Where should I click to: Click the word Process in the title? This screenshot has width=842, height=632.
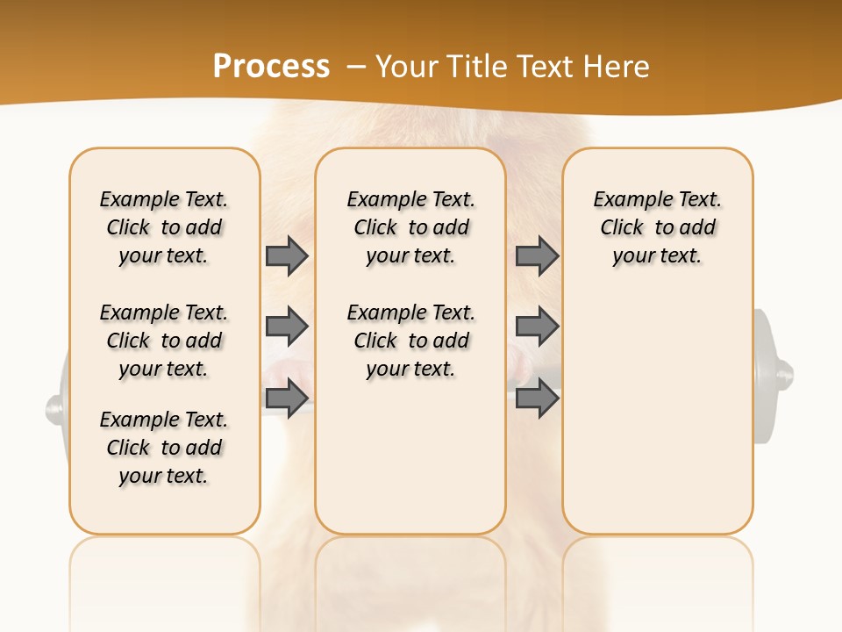tap(271, 67)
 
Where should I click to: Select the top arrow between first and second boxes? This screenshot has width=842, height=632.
tap(286, 255)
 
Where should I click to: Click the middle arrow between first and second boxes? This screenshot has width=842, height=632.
tap(286, 327)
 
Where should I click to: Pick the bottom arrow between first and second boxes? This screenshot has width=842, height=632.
tap(286, 398)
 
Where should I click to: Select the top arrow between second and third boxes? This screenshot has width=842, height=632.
tap(537, 255)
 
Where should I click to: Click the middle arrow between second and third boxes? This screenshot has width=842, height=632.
tap(537, 327)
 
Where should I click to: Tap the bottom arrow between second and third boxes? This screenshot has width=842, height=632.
tap(537, 398)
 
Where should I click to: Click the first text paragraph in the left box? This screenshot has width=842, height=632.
tap(164, 227)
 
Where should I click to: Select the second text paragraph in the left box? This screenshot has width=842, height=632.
tap(164, 341)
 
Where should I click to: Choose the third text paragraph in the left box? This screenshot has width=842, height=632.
tap(164, 448)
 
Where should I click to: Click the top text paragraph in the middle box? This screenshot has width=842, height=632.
tap(410, 227)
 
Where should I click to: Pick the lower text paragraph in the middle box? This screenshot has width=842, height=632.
tap(410, 341)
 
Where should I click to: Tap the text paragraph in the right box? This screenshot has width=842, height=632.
tap(657, 227)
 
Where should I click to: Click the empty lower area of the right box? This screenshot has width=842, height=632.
tap(657, 421)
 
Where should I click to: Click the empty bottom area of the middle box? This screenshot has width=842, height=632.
tap(410, 465)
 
